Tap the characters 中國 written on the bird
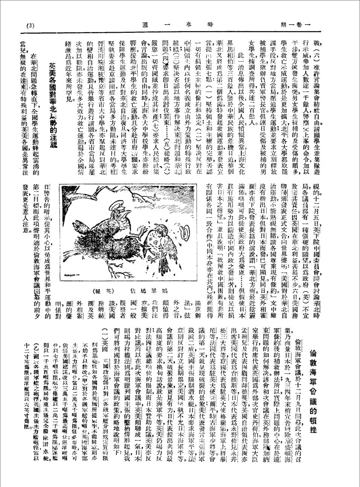(x=158, y=249)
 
